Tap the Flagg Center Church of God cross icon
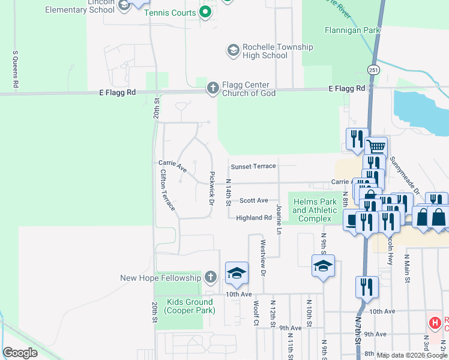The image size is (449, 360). (212, 89)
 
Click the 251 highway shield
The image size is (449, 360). (373, 70)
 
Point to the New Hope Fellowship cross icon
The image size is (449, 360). (209, 277)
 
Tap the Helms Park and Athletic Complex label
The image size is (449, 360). (315, 211)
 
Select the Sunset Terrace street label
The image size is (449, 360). (253, 166)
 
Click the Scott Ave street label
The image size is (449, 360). (253, 201)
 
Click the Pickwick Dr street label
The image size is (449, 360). (211, 188)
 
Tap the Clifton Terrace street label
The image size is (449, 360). (167, 190)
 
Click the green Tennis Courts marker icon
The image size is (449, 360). (205, 11)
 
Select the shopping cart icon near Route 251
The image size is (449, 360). (376, 146)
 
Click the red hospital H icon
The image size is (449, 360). (435, 323)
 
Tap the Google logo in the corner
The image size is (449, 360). (20, 353)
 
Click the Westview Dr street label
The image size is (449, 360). (262, 259)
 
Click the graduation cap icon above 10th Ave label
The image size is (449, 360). (237, 273)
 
